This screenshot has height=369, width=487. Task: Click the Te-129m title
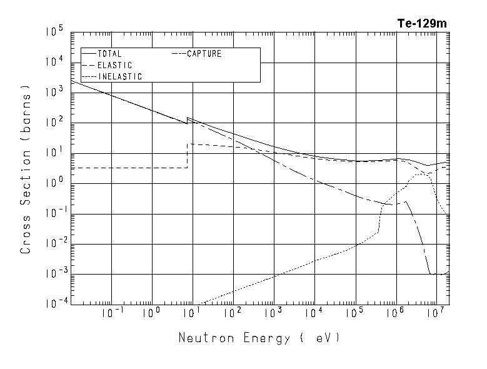coord(422,24)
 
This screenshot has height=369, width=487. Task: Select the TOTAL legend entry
coord(109,54)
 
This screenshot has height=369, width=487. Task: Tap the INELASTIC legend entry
coord(120,76)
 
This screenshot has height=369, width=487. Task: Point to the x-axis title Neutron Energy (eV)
coord(259,338)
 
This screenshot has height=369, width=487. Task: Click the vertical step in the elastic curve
coord(188,156)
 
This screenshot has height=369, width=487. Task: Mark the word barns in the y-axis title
coord(26,112)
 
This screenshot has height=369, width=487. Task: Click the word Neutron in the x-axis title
coord(203,338)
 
